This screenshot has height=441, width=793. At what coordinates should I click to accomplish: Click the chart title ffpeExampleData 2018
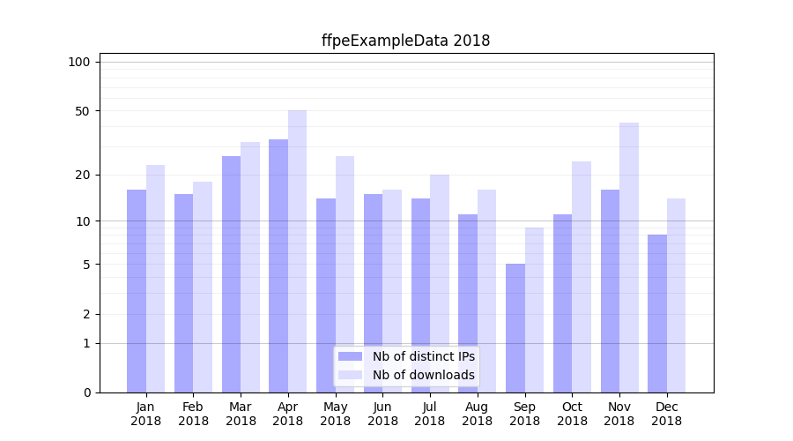point(405,41)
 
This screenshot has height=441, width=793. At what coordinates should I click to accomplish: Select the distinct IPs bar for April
point(278,265)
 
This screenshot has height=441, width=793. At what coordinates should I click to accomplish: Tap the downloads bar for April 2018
point(297,251)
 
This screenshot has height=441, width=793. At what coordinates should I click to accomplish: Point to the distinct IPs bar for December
point(657,313)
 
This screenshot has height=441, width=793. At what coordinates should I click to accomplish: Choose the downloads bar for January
point(155,279)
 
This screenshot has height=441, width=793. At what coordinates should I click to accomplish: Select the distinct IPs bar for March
point(231,274)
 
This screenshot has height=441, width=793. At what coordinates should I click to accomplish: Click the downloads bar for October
point(582,277)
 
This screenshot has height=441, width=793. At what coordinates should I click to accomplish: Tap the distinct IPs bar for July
point(420,295)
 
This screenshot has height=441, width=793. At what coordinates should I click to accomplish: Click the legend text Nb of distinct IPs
point(424,356)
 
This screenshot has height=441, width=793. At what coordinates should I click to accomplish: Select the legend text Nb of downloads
point(424,375)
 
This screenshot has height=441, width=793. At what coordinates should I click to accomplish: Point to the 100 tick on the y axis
point(79,62)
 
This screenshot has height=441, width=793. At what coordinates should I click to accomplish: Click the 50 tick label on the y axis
point(83,111)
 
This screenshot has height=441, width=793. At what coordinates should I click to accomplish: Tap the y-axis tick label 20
point(83,175)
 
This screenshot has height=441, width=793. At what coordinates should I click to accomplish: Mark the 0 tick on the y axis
point(86,392)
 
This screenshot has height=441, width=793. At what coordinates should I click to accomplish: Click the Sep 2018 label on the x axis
point(524,414)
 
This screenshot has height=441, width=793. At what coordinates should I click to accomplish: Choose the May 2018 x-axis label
point(335,414)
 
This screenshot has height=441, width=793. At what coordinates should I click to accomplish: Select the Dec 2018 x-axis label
point(666,414)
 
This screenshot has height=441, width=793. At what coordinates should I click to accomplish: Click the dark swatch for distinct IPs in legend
point(351,356)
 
